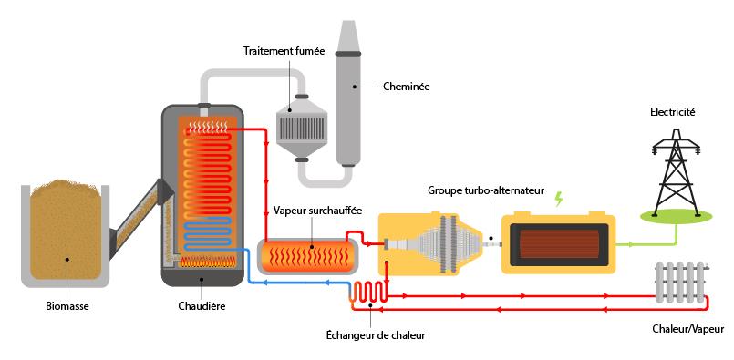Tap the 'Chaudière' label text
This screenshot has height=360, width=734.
pyautogui.click(x=202, y=307)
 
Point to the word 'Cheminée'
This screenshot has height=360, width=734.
pyautogui.click(x=406, y=87)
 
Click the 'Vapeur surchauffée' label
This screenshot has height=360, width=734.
pyautogui.click(x=317, y=211)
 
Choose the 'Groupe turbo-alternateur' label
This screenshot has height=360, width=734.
pyautogui.click(x=485, y=192)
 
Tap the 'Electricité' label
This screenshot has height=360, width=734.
pyautogui.click(x=673, y=111)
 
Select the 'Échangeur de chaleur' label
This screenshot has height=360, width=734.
pyautogui.click(x=376, y=334)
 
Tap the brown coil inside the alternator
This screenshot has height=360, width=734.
pyautogui.click(x=558, y=243)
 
